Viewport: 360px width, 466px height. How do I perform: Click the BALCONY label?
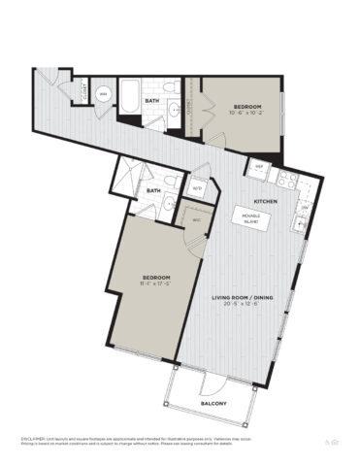214,403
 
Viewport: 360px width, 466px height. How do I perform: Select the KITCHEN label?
267,201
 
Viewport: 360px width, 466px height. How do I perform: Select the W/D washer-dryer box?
197,187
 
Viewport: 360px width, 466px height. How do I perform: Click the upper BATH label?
151,100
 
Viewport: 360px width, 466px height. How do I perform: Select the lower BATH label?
152,191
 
